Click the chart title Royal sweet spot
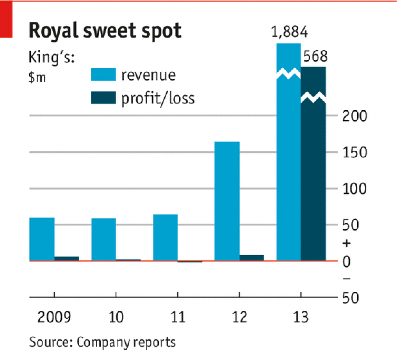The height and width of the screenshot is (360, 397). [105, 31]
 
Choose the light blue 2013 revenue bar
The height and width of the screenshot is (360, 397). [288, 165]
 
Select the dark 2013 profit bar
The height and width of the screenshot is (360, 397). [313, 179]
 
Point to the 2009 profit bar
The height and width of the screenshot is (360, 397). [66, 258]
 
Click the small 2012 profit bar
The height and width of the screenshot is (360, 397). [251, 258]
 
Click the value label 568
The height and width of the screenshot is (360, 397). [315, 56]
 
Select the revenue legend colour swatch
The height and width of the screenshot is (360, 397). [104, 75]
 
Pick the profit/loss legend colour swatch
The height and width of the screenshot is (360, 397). [104, 98]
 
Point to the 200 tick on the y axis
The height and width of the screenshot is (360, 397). [354, 116]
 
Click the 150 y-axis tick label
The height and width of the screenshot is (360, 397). [354, 153]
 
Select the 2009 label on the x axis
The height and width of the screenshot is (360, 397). [54, 317]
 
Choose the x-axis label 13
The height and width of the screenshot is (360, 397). [301, 317]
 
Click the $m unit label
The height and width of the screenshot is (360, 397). [37, 77]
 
